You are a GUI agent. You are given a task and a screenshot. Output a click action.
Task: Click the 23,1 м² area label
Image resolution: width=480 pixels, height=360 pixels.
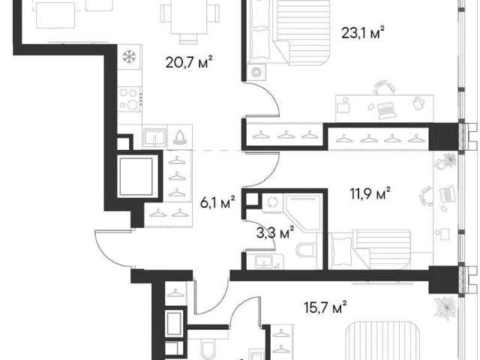[363, 33]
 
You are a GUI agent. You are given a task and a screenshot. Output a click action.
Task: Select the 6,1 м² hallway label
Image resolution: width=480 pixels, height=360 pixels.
[217, 202]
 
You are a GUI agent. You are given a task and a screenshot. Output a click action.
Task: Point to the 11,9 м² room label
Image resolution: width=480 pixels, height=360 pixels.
[370, 193]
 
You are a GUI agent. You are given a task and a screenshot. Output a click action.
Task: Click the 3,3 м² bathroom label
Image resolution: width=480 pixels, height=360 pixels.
[275, 233]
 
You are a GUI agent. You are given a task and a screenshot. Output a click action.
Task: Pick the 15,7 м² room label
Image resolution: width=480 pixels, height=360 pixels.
[325, 307]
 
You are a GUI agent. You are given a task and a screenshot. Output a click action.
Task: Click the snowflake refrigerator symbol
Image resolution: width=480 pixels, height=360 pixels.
[129, 57]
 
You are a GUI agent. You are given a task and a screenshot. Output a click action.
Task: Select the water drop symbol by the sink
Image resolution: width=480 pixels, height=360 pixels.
[180, 136]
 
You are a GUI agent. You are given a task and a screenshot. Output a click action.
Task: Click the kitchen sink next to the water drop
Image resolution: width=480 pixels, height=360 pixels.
[155, 137]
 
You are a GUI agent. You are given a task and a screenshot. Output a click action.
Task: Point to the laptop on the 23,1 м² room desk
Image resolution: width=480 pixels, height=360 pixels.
[387, 110]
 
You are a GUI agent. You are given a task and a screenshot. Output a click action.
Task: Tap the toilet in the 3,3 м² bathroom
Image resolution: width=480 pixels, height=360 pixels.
[306, 250]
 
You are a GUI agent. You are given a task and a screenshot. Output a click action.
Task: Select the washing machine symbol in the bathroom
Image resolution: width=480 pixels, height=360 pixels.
[272, 202]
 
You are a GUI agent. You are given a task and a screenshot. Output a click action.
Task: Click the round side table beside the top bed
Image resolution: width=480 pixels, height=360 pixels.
[256, 73]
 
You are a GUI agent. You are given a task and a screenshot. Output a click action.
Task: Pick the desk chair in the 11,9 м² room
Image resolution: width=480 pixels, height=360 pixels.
[426, 196]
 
